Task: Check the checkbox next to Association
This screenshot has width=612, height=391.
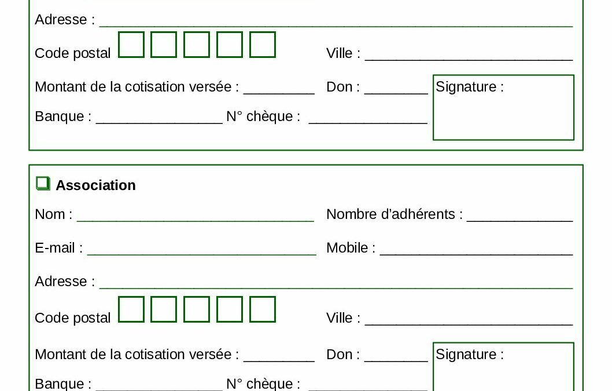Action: (x=43, y=184)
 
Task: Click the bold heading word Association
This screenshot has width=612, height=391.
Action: (x=95, y=185)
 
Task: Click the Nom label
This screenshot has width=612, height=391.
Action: (x=53, y=214)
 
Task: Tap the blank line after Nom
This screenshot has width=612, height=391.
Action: (x=195, y=221)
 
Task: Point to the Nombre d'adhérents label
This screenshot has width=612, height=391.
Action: (x=394, y=214)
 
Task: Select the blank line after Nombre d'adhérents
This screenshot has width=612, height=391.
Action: (x=519, y=221)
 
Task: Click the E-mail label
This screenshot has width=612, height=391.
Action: (x=58, y=248)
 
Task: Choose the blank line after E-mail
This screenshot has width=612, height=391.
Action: (x=201, y=255)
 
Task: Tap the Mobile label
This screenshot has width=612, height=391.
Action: (x=351, y=248)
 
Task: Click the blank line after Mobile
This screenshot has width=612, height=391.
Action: (x=476, y=255)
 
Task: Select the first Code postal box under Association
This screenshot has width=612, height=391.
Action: (x=131, y=309)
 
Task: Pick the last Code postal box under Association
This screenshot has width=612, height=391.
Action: (x=262, y=309)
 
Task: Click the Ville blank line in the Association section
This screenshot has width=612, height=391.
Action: (x=469, y=324)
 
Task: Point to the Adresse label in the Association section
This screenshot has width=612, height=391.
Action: (x=65, y=282)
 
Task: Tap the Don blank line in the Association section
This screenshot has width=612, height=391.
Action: (x=396, y=361)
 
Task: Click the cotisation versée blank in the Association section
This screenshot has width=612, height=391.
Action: (x=279, y=361)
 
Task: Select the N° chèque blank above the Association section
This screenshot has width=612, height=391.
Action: (x=368, y=123)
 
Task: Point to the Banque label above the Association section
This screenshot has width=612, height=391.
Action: (x=63, y=116)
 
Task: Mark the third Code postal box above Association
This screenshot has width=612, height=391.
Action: (x=196, y=45)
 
